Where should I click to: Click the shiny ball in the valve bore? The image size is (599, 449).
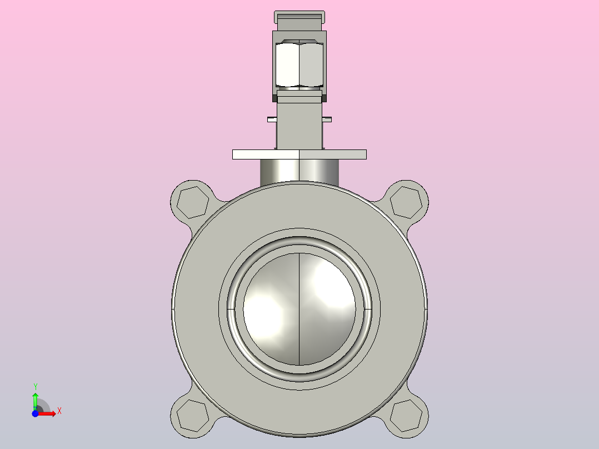(x=272, y=311)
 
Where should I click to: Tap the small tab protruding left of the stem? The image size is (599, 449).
(x=272, y=119)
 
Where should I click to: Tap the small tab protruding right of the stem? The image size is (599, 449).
(x=327, y=119)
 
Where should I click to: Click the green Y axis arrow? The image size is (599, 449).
(x=35, y=399)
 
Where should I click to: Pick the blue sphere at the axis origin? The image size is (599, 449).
(x=36, y=414)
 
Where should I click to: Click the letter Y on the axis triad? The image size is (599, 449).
(x=36, y=386)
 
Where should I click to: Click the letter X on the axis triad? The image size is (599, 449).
(x=59, y=411)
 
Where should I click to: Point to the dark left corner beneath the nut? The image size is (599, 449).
(x=274, y=98)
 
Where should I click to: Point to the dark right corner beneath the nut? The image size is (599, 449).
(x=325, y=98)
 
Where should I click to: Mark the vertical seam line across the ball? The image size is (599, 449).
(x=299, y=333)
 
